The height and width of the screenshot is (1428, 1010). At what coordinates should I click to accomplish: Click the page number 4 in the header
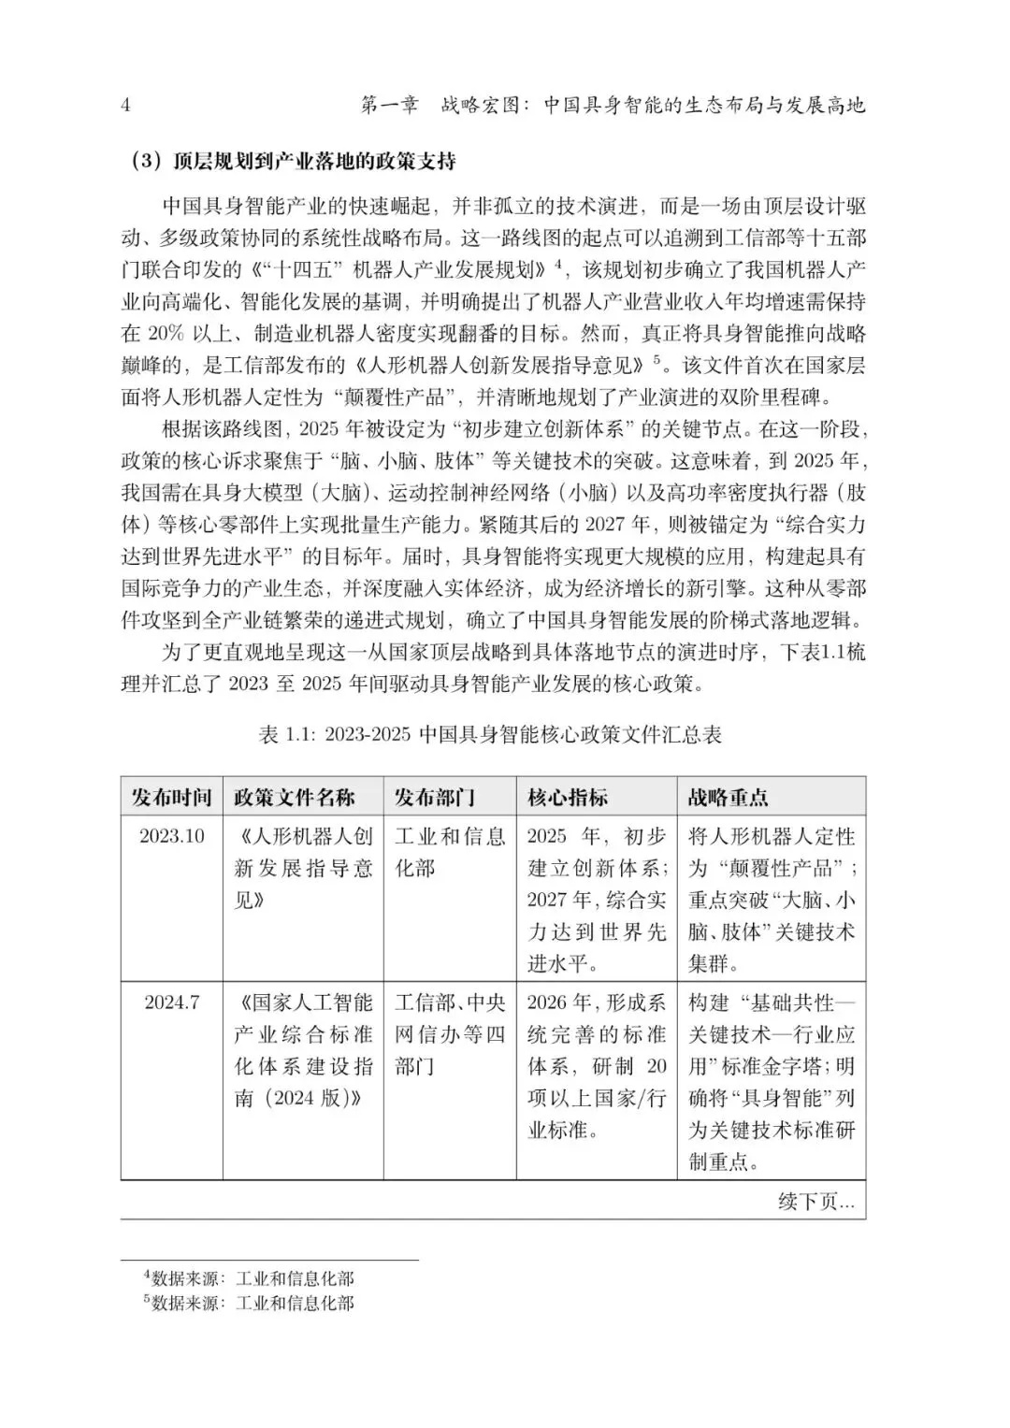[126, 105]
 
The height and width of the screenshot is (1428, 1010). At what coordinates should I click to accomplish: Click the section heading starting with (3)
[293, 162]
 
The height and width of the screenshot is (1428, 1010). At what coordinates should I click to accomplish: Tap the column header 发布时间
[172, 797]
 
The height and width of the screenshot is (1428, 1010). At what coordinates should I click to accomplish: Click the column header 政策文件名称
[295, 797]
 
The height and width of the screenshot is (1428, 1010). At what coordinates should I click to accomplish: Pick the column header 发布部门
[435, 797]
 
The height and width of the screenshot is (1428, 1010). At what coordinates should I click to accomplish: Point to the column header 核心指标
[568, 797]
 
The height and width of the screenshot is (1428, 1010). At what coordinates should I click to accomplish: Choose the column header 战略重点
[729, 797]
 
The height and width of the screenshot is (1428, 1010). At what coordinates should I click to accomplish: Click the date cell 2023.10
[172, 836]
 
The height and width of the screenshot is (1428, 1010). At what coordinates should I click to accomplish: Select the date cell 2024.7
[172, 1002]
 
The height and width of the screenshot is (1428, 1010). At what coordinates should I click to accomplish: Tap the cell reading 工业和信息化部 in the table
[450, 852]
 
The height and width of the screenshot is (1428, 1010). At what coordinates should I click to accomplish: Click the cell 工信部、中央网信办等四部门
[450, 1034]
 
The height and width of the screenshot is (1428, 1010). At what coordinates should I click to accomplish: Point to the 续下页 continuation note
[815, 1202]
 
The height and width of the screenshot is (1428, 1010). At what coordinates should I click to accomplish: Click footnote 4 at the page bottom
[249, 1277]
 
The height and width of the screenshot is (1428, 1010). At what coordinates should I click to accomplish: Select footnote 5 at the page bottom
[249, 1302]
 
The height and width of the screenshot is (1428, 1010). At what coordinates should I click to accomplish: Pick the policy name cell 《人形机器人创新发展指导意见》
[303, 868]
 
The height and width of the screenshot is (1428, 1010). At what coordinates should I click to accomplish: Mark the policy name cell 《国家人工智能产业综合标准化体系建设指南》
[303, 1050]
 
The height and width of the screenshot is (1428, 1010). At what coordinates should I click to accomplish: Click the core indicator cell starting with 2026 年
[597, 1066]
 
